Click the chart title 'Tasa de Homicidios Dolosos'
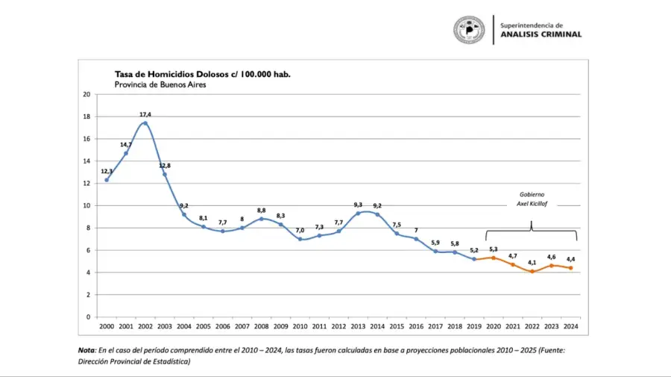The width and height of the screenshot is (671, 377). (x=202, y=74)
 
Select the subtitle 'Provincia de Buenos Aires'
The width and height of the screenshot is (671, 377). (x=160, y=85)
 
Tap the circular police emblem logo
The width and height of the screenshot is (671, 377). (x=469, y=30)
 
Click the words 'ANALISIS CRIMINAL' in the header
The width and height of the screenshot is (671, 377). (x=541, y=34)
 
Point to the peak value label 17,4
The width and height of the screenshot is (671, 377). (x=145, y=114)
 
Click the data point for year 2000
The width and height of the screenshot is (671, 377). (x=107, y=180)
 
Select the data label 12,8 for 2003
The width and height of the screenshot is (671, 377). (x=165, y=166)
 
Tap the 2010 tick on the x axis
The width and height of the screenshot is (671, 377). (x=300, y=326)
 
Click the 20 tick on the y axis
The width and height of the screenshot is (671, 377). (x=86, y=94)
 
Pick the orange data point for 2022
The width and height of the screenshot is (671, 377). (x=532, y=272)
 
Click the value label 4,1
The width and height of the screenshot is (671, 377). (x=532, y=262)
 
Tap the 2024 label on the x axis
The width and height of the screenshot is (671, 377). (x=571, y=326)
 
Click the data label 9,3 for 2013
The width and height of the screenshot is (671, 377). (x=358, y=205)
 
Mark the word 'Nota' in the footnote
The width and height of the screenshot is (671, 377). (x=86, y=350)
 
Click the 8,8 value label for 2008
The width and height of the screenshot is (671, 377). (x=262, y=210)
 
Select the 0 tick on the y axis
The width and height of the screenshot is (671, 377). (x=89, y=317)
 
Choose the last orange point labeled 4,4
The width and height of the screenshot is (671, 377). (x=571, y=268)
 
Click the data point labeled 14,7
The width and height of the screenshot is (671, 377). (x=126, y=153)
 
